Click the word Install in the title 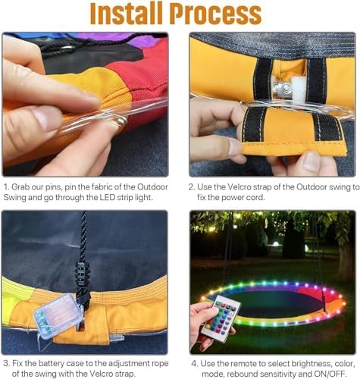(x=127, y=13)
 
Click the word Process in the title (x=215, y=13)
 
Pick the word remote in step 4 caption (x=245, y=364)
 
